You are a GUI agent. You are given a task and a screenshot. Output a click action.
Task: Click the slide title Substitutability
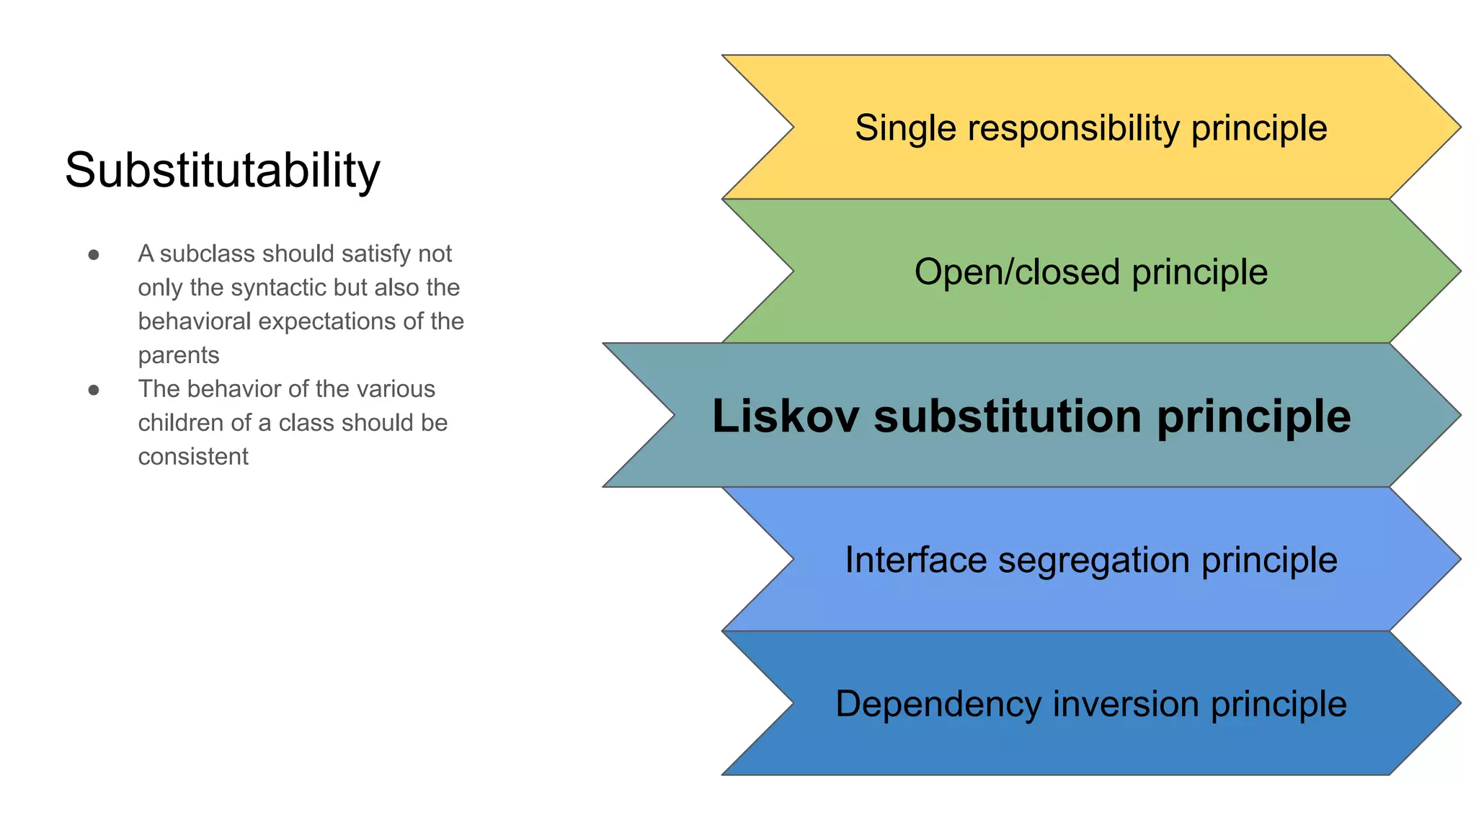coord(222,171)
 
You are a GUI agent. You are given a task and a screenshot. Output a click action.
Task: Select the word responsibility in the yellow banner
coord(1073,129)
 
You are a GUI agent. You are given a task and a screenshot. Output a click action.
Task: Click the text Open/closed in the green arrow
coord(1017,272)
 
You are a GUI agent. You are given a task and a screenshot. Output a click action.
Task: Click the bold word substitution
coord(1008,416)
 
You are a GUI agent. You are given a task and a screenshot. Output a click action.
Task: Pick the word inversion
coord(1125,704)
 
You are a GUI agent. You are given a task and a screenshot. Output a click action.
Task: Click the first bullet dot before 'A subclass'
coord(94,255)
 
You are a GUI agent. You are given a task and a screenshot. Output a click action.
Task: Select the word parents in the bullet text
coord(179,356)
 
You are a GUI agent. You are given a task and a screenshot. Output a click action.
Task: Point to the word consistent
coord(193,457)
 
